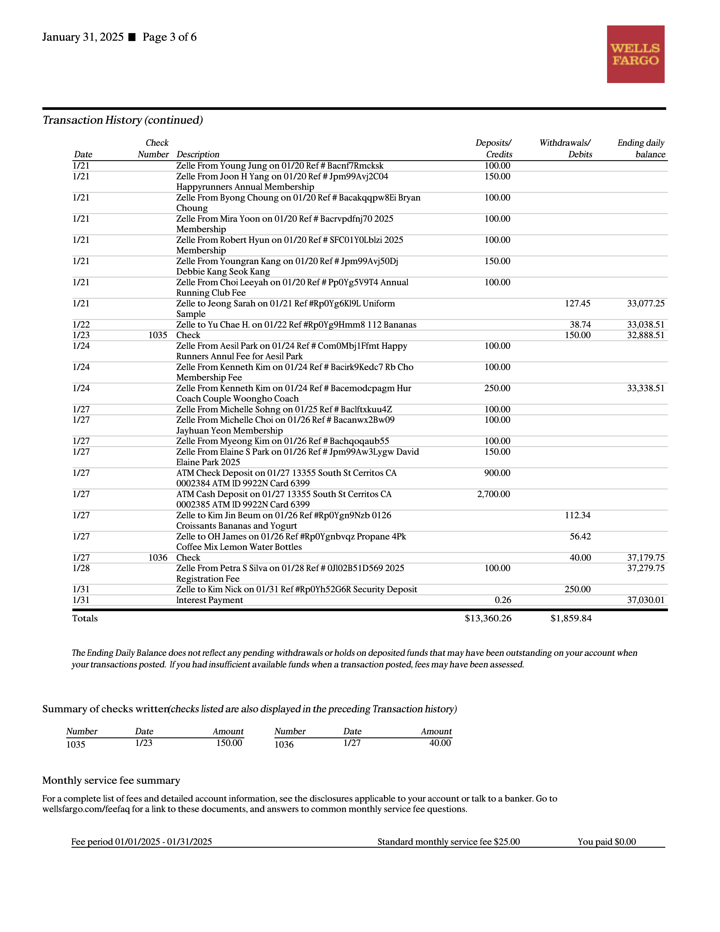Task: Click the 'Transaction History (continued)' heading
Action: [123, 120]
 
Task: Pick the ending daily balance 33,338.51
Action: [645, 388]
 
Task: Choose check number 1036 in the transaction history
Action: [158, 558]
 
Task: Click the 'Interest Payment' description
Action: [210, 600]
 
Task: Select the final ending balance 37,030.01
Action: [645, 600]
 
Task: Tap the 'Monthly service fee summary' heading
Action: [111, 781]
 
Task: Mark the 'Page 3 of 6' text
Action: [169, 37]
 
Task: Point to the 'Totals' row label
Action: [85, 618]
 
